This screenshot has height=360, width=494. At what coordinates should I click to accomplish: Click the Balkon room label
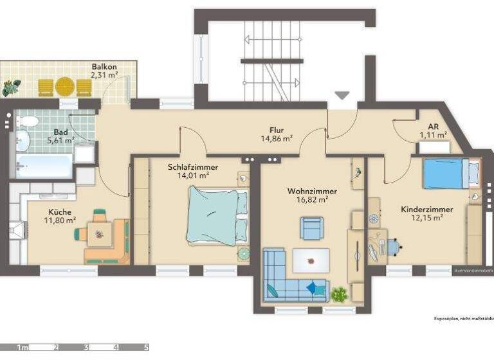click(104, 66)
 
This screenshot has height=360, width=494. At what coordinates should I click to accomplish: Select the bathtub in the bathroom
click(44, 166)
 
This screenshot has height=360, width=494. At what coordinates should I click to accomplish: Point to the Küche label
click(60, 212)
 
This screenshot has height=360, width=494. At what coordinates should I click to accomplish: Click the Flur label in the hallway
click(277, 129)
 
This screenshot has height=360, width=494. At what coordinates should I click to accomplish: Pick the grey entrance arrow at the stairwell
click(342, 95)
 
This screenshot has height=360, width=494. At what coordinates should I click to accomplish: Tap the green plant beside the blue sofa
click(339, 295)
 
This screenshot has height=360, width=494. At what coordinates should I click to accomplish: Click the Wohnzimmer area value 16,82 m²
click(312, 200)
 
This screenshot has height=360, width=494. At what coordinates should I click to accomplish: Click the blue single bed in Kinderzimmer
click(451, 174)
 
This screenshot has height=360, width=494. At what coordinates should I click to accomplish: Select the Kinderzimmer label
click(426, 210)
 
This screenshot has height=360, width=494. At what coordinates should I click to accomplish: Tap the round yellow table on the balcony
click(64, 86)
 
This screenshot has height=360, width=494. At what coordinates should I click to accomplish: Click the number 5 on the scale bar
click(146, 348)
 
